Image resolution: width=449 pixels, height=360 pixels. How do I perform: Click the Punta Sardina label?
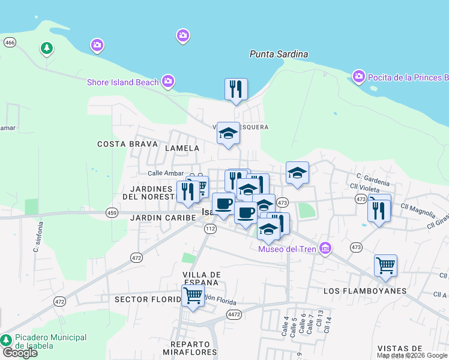279,54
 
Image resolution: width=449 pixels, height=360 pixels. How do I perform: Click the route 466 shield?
10,43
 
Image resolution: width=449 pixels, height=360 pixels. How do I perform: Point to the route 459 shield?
112,212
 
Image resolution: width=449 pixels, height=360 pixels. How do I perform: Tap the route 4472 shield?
234,314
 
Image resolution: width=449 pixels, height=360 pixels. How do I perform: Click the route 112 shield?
209,229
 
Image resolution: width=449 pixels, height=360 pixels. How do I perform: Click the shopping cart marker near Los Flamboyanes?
385,265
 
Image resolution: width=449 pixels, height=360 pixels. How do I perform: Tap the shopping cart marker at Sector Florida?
193,296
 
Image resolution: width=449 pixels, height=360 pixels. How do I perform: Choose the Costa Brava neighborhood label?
127,144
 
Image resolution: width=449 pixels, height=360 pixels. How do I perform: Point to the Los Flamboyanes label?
364,291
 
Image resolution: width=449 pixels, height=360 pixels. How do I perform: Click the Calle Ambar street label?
165,173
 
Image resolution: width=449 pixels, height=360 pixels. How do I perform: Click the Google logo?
19,353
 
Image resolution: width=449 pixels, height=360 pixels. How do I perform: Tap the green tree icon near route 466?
46,47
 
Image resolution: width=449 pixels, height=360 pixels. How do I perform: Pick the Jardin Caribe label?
163,217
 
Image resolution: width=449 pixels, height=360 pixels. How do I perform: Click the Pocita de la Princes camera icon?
359,76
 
